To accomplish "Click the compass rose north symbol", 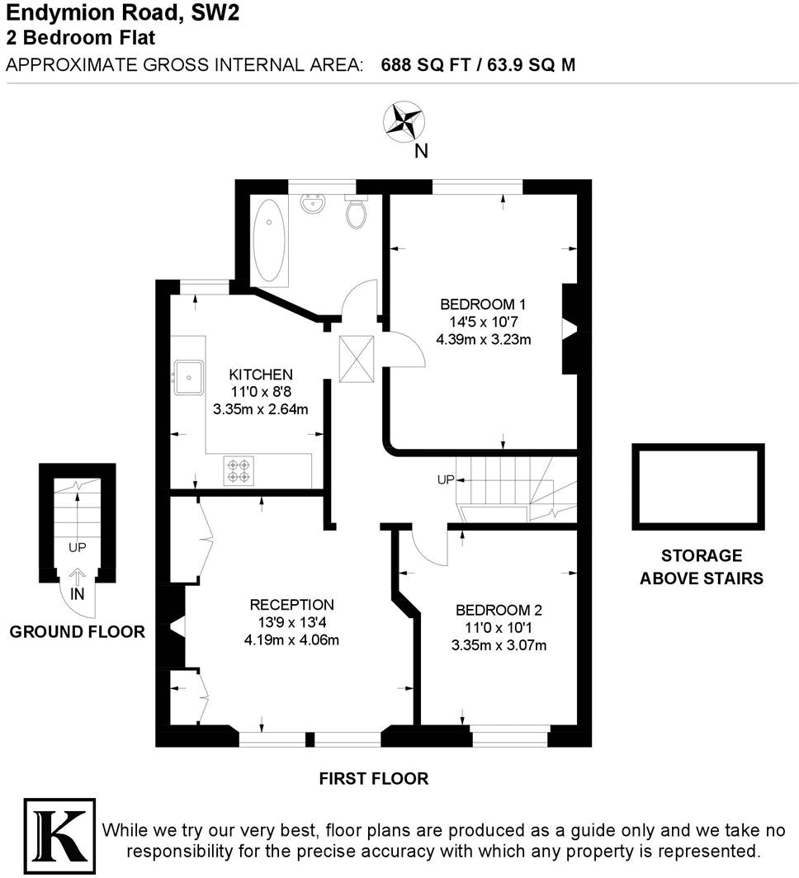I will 403,120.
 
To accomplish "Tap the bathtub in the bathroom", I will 268,240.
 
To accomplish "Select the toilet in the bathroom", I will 357,212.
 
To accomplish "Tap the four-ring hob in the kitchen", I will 239,470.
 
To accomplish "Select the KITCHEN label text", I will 261,375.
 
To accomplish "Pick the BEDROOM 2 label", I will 499,611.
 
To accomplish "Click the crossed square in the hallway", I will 357,359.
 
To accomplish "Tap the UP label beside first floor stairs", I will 445,479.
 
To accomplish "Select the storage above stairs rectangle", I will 697,486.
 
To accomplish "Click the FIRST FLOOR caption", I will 374,778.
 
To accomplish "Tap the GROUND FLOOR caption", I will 77,632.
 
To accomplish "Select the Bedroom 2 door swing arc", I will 427,550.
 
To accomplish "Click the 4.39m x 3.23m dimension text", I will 483,338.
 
